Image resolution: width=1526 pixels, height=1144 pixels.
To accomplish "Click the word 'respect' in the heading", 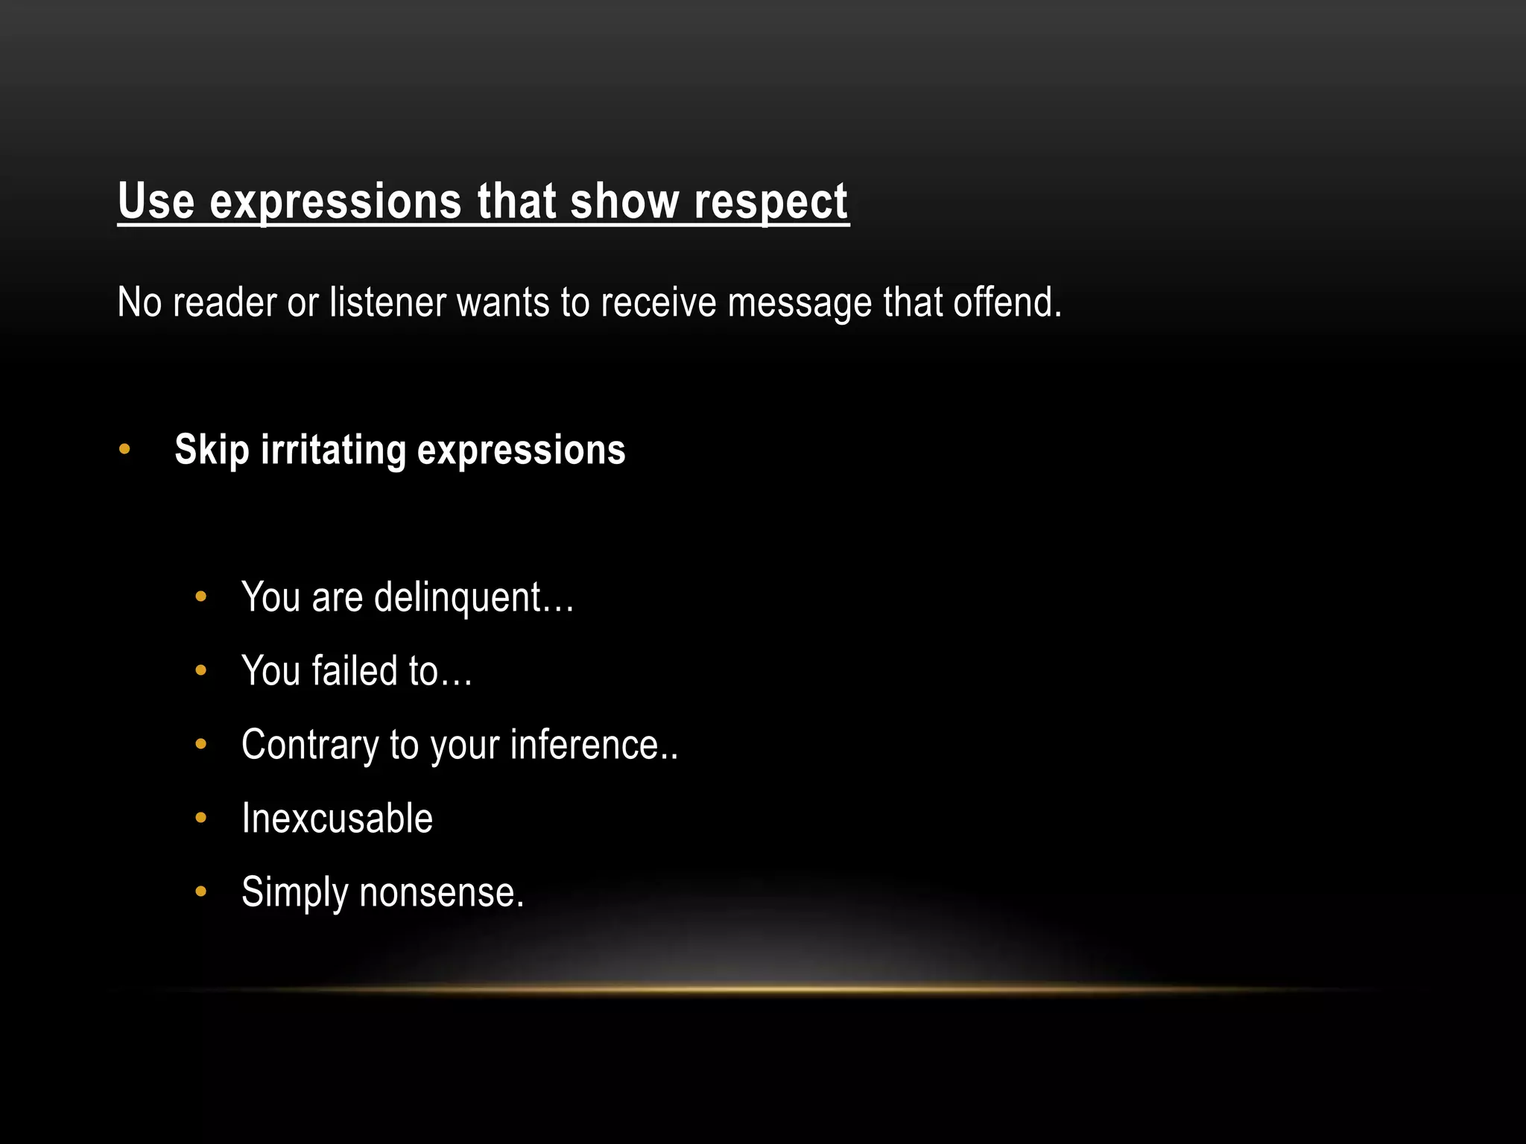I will pos(770,203).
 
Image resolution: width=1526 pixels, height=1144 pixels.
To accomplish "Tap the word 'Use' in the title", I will pos(156,201).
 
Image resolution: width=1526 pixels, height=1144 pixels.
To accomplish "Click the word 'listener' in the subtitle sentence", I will pos(388,303).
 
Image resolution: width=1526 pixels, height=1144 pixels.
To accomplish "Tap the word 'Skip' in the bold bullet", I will pos(212,451).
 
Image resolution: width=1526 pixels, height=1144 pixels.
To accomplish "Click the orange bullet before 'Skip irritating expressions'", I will pos(124,449).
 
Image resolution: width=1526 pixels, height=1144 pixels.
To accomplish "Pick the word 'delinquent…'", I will pos(474,597).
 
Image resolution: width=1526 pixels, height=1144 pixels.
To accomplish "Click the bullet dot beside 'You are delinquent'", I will pos(200,597).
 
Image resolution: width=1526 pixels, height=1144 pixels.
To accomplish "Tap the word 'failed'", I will pos(355,670).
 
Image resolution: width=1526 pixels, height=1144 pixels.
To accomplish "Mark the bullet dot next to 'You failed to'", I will pos(200,670).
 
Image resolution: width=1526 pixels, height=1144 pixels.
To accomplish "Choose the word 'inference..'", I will pos(594,745).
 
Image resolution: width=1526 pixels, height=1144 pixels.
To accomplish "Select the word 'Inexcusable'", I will pos(337,819).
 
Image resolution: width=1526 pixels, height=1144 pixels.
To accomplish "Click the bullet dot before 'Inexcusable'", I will pos(200,818).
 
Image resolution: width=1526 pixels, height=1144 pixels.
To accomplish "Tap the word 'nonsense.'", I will pos(442,892).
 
